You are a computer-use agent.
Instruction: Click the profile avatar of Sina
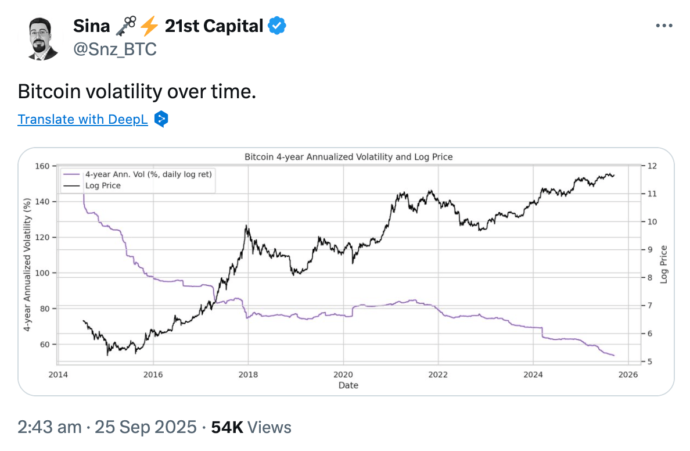pos(43,38)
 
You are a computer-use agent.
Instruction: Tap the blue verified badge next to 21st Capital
pos(276,26)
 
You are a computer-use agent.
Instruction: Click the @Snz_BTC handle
pos(115,49)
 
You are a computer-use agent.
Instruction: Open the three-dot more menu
pos(663,26)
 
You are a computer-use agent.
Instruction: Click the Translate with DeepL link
pos(82,119)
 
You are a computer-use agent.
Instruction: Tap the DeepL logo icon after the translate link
pos(161,119)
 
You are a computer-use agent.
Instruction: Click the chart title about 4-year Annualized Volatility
pos(348,157)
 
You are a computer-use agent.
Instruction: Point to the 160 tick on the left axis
pos(42,166)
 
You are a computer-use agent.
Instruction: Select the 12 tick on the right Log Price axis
pos(651,166)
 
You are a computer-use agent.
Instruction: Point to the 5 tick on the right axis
pos(649,361)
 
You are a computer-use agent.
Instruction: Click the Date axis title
pos(348,385)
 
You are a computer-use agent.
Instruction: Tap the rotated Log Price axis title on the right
pos(664,264)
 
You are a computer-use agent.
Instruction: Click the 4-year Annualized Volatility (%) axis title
pos(27,264)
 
